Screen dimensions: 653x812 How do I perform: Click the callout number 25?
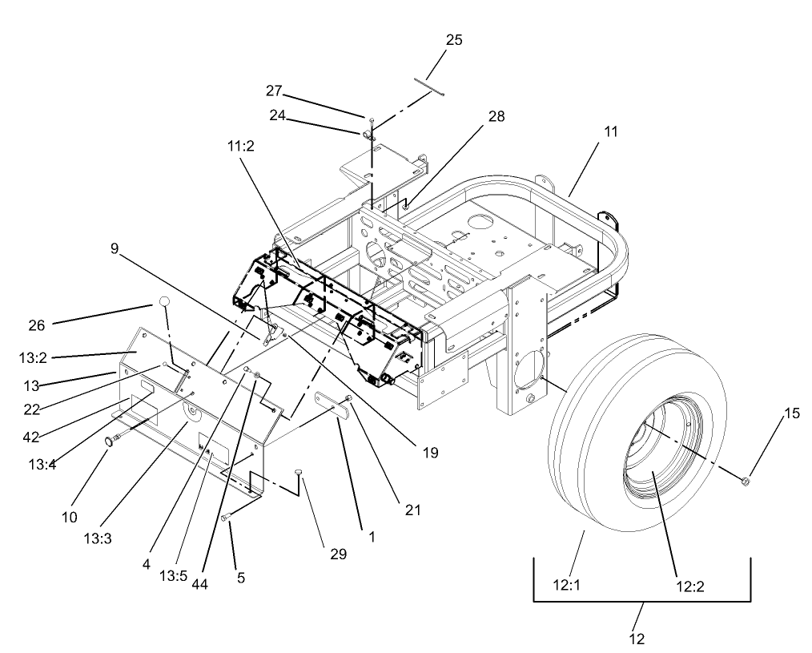coord(453,40)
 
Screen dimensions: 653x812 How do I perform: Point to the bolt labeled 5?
coord(227,518)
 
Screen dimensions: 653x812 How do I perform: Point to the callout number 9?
coord(115,248)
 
